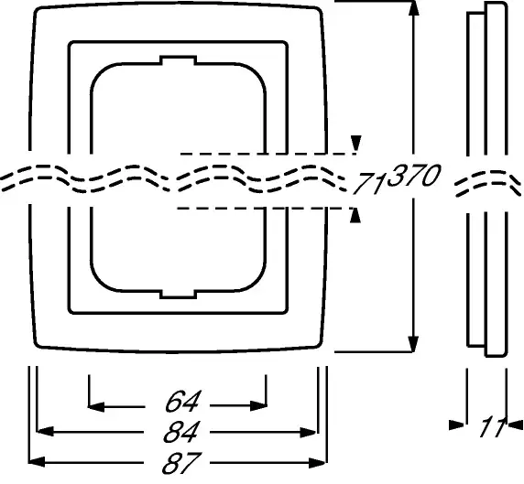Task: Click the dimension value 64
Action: pos(183,402)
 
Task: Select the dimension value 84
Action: pos(181,432)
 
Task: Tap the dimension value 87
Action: pos(181,463)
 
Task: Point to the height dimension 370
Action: pos(414,175)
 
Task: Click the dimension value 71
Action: pos(368,183)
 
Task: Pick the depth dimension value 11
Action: pos(493,427)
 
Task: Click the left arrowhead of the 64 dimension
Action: pos(96,407)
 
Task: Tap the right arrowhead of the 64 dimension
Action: pos(258,406)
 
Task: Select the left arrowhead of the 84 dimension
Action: pos(45,431)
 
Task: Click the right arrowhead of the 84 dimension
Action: pos(308,433)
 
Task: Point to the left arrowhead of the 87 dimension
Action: pos(37,462)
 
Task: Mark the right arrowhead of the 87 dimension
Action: pos(317,463)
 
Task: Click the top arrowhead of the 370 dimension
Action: pos(414,8)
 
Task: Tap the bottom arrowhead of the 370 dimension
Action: pos(414,344)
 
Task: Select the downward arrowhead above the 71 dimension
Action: pos(356,144)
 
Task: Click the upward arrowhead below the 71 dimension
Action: pos(355,215)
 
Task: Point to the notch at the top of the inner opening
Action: pos(178,60)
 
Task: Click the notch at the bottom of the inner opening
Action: pos(178,294)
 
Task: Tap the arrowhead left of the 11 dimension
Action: pos(456,425)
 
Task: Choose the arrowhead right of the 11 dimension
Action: pos(516,425)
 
